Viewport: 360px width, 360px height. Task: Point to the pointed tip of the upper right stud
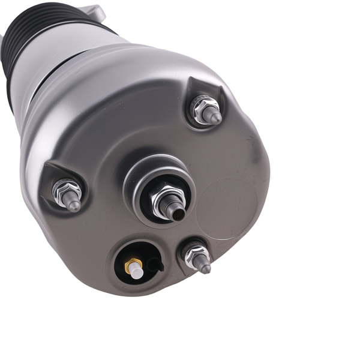pos(216,119)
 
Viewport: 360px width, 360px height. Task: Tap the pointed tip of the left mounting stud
pos(76,207)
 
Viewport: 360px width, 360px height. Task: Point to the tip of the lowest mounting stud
pos(207,269)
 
